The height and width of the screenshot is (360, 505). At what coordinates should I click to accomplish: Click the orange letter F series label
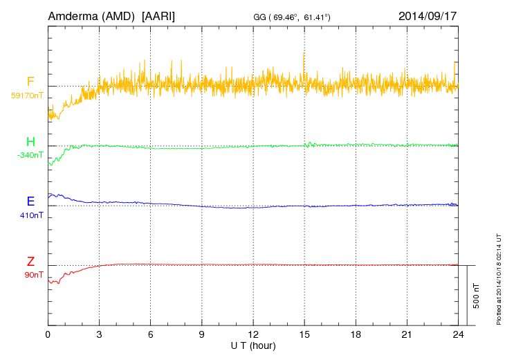(30, 82)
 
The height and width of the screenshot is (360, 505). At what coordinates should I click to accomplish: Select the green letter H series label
(30, 142)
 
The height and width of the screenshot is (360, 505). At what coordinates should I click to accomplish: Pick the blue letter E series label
(30, 201)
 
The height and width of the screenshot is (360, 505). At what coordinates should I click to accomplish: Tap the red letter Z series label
(30, 261)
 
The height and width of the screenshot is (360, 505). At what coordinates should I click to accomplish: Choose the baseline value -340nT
(30, 155)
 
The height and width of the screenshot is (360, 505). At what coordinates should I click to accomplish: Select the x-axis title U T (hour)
(253, 345)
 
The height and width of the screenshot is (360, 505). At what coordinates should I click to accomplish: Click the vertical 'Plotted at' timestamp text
(499, 278)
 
